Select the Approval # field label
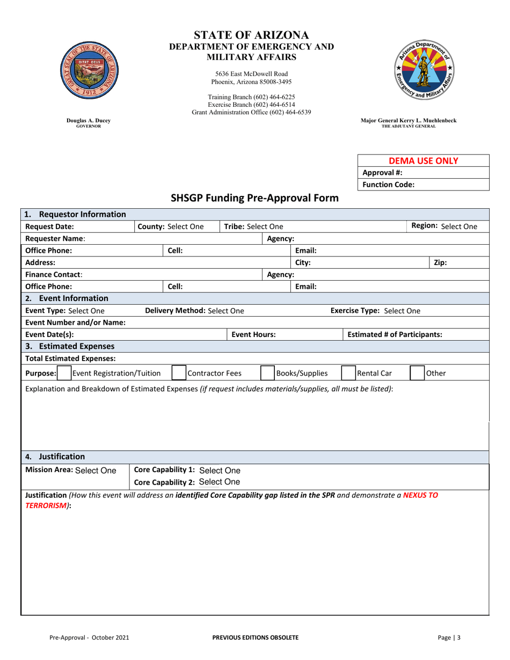click(x=383, y=173)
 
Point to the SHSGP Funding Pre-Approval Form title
click(x=254, y=197)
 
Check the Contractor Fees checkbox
click(x=179, y=372)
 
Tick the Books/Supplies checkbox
click(x=267, y=372)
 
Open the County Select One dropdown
click(x=186, y=226)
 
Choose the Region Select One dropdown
click(x=458, y=226)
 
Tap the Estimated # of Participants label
click(x=395, y=334)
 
